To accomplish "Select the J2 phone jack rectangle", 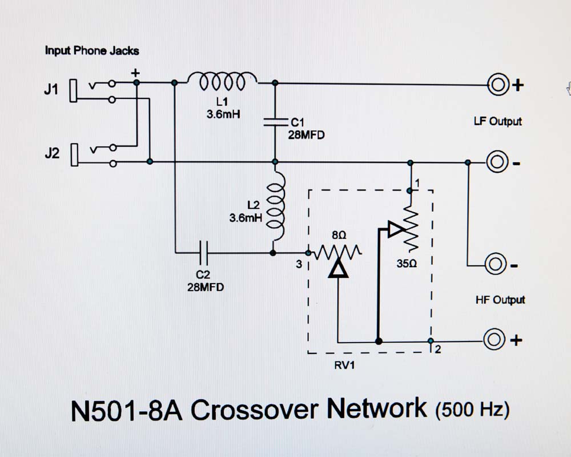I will [x=73, y=156].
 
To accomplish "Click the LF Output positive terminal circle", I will [x=496, y=85].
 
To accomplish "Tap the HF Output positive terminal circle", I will [x=493, y=340].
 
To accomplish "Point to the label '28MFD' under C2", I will [x=205, y=288].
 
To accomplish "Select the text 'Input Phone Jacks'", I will [x=91, y=51].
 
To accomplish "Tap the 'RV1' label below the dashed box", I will [x=344, y=366].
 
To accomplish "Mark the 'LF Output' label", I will [x=497, y=122].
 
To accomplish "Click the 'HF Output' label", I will [x=500, y=300].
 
